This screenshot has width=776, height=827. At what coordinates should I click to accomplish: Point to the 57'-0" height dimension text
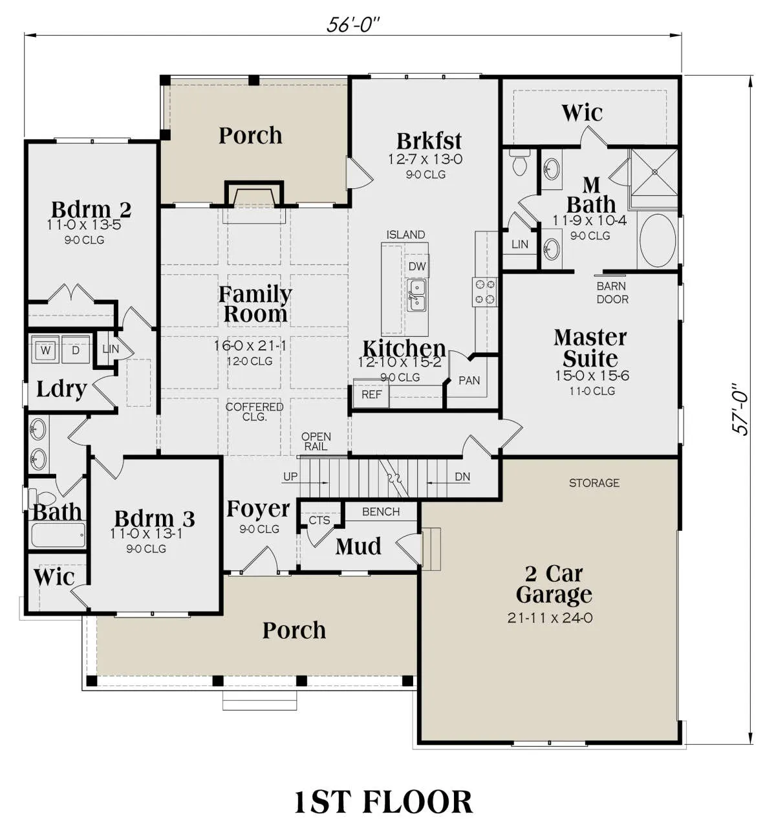tap(740, 410)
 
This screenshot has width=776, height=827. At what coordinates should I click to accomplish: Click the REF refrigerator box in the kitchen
tap(371, 394)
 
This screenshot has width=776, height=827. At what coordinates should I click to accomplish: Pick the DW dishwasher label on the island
tap(417, 266)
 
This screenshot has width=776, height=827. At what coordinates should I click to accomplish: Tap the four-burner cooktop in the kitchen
tap(484, 292)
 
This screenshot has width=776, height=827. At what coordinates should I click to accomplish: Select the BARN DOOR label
tap(612, 293)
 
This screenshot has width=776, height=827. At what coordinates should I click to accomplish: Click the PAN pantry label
tap(469, 381)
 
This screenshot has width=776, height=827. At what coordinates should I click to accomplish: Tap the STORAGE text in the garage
tap(594, 483)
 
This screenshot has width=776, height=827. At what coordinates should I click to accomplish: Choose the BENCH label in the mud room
tap(381, 511)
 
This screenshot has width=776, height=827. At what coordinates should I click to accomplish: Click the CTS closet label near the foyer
tap(319, 520)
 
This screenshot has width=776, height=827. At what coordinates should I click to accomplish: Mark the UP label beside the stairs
tap(290, 477)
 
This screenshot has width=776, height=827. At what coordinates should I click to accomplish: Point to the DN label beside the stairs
tap(462, 477)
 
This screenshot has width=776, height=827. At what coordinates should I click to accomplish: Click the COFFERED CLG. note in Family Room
tap(254, 411)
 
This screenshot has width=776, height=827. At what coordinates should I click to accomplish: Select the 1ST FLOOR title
tap(383, 802)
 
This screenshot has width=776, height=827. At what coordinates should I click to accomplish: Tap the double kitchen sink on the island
tap(416, 295)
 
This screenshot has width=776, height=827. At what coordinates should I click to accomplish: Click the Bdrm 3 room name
tap(155, 519)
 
